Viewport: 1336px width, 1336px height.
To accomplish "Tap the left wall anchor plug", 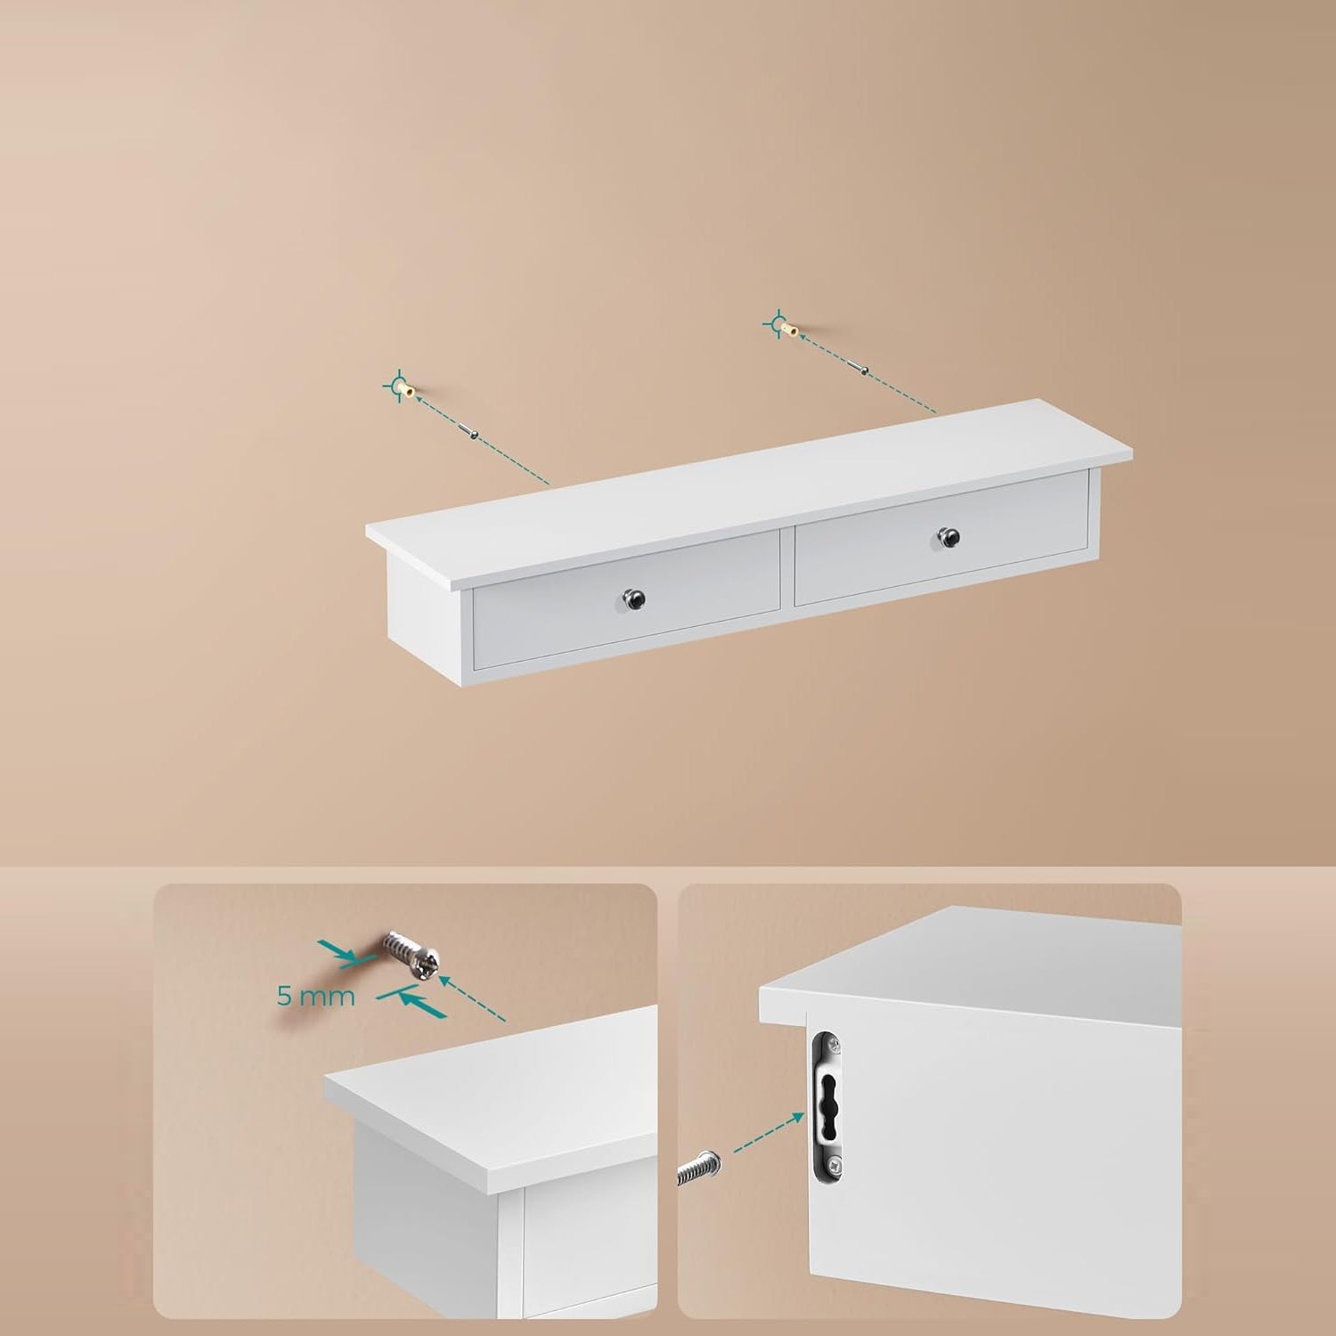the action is pyautogui.click(x=406, y=390).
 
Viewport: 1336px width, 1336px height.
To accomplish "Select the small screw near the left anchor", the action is pyautogui.click(x=470, y=431).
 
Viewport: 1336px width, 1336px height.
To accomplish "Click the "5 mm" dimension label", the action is pyautogui.click(x=315, y=996).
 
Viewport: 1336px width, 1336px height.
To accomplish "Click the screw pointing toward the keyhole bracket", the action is pyautogui.click(x=701, y=1170).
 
